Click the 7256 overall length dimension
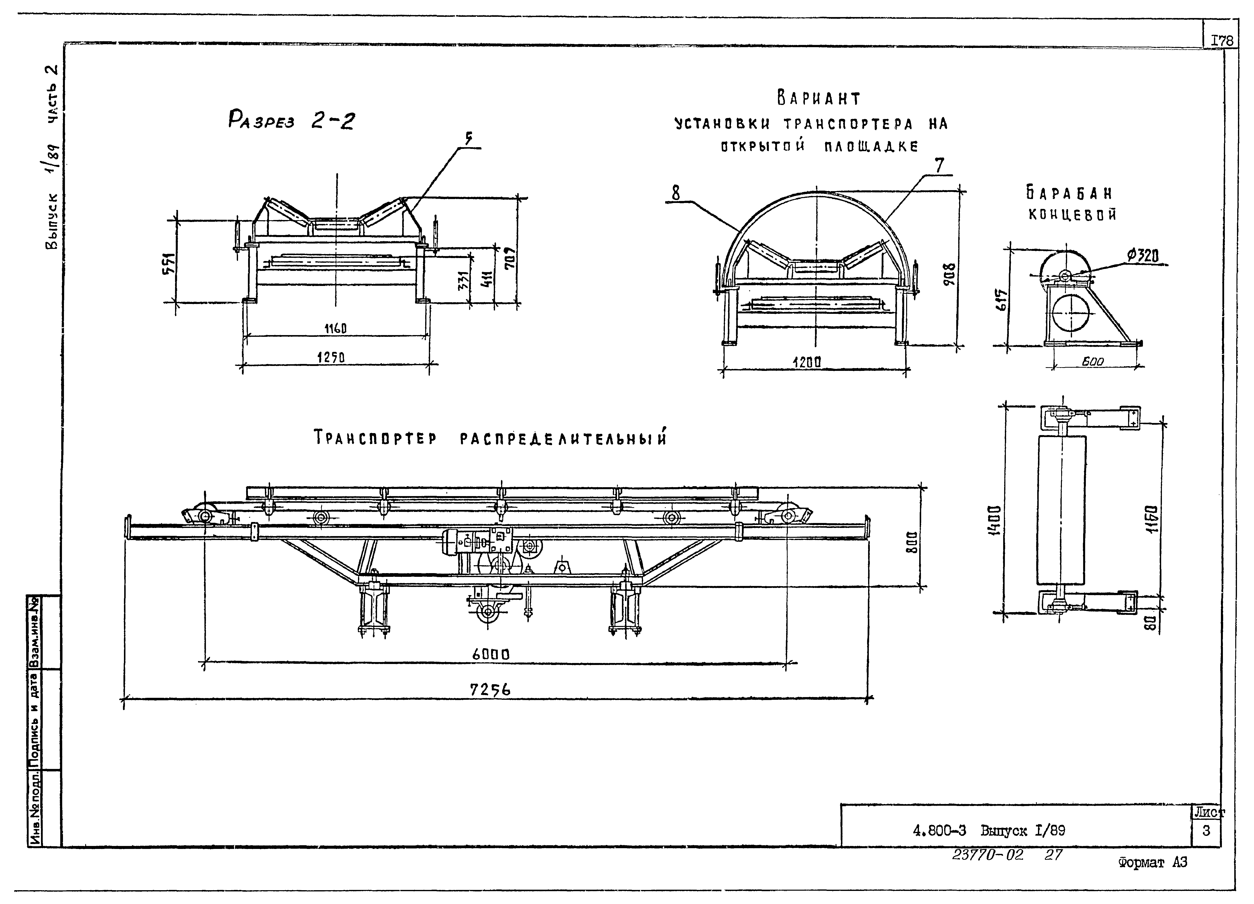[x=490, y=689]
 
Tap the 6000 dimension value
[x=490, y=655]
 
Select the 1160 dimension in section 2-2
[x=335, y=328]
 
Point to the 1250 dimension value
[x=331, y=358]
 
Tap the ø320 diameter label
[x=1143, y=255]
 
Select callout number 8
[x=676, y=193]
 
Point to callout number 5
[x=468, y=139]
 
